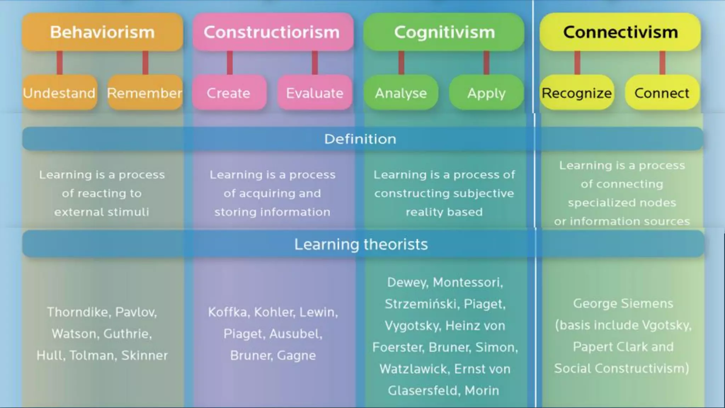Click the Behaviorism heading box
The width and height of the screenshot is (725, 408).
[102, 32]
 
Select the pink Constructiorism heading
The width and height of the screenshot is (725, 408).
[272, 32]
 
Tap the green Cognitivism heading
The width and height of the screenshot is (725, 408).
[444, 32]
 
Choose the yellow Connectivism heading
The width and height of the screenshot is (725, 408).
[620, 32]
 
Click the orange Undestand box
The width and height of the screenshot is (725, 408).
[59, 93]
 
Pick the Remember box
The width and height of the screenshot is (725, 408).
[145, 93]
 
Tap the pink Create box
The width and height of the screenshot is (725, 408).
[229, 93]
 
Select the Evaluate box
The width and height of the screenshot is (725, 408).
[315, 93]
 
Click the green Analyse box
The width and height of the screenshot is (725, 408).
[401, 93]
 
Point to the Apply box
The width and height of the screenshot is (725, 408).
[486, 93]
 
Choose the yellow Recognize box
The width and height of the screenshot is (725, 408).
[577, 93]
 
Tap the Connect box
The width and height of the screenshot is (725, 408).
[662, 93]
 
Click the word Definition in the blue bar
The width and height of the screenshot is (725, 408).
[360, 139]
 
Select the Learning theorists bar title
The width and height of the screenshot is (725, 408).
[361, 244]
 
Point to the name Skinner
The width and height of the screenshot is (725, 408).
[144, 355]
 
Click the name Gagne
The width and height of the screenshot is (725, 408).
[296, 356]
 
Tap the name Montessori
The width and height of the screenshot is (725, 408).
[468, 283]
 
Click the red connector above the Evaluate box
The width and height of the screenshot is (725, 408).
[315, 63]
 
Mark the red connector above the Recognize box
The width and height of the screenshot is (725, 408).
[577, 63]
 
